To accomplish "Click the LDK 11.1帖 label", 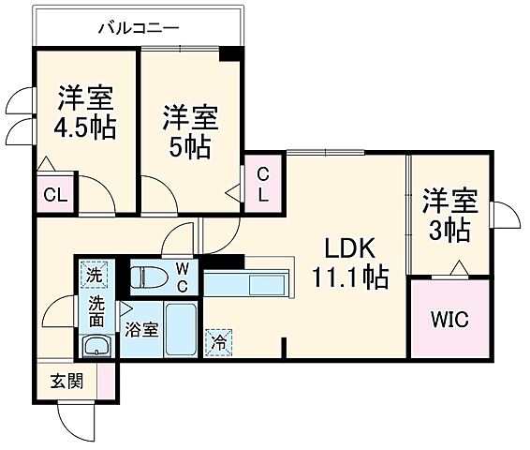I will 349,262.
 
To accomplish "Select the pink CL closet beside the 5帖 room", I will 264,185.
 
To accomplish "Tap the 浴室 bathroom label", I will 142,328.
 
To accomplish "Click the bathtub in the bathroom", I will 180,329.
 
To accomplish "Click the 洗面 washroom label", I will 96,312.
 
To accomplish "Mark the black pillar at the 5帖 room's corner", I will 228,54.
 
